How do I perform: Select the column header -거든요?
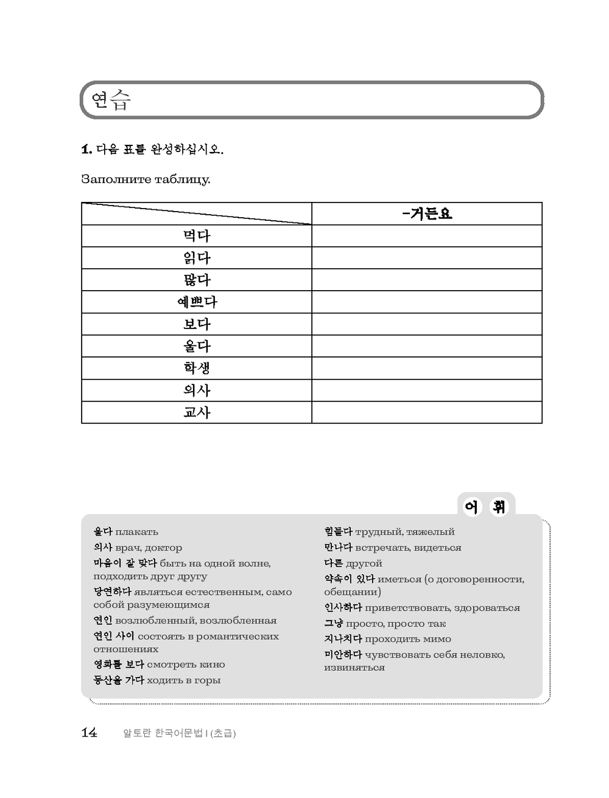427,213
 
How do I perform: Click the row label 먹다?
197,236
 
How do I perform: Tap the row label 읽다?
197,258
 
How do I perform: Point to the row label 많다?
197,280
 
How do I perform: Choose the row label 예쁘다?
197,302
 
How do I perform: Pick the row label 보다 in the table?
197,324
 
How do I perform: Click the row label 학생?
197,368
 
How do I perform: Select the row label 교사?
197,412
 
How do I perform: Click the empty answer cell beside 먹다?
426,236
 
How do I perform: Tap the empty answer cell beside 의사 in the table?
426,390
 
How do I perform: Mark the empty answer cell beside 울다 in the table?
426,346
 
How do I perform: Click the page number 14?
89,733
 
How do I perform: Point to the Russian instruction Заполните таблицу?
146,180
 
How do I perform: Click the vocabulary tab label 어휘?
485,506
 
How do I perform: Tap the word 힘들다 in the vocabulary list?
338,532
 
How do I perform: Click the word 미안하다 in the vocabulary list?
343,655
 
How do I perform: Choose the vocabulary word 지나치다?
343,639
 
